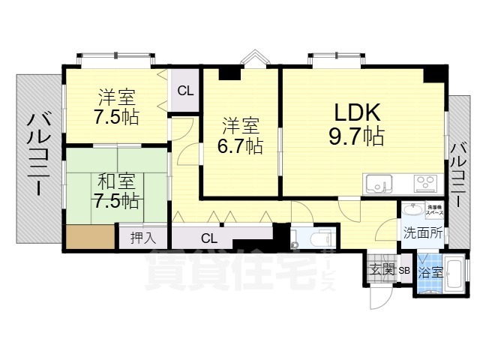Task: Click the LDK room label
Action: (358, 112)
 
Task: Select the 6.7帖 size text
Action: (240, 145)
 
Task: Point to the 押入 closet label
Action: (143, 238)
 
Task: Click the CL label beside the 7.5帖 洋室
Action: (184, 91)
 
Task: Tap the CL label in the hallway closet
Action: (209, 239)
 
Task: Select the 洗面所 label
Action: (423, 232)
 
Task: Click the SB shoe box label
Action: (404, 271)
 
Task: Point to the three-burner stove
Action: (424, 182)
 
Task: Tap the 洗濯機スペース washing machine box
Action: (434, 209)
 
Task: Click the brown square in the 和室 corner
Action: (90, 237)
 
